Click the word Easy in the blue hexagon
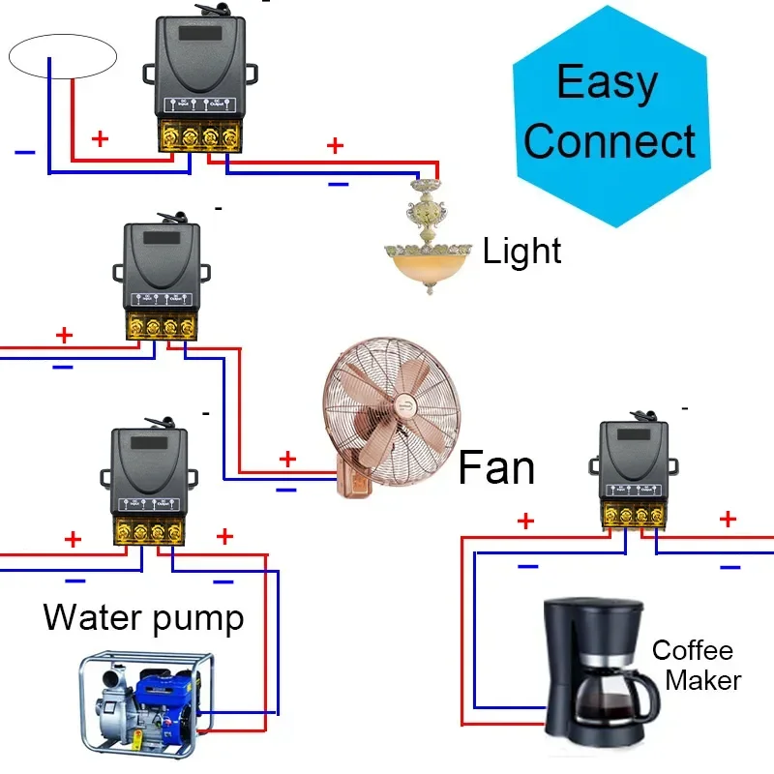click(x=608, y=84)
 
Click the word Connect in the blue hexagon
click(x=610, y=141)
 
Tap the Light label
click(x=522, y=252)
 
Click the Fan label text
click(x=495, y=467)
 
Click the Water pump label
click(x=143, y=616)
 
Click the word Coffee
click(x=692, y=650)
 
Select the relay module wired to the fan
click(x=162, y=281)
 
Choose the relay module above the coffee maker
click(x=635, y=469)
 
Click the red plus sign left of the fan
click(x=287, y=459)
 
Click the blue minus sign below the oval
click(x=25, y=152)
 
